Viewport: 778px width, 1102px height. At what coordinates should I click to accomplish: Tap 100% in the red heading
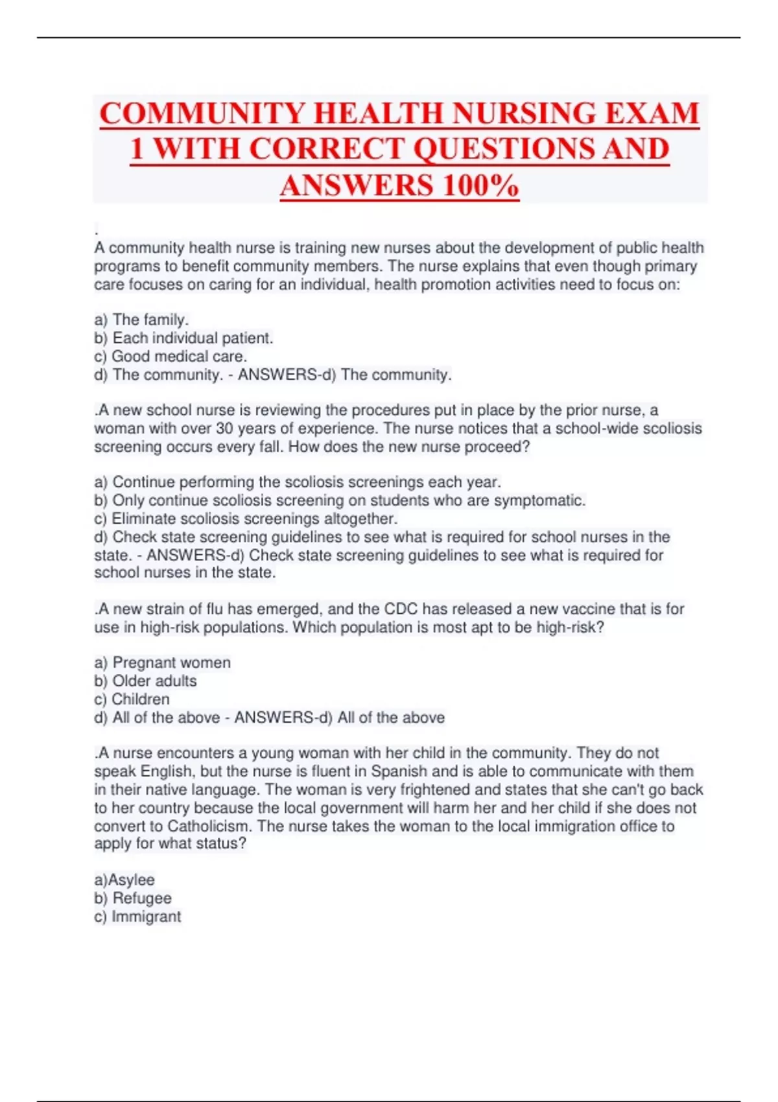(480, 186)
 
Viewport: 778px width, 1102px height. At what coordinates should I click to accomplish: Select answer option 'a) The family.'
(141, 320)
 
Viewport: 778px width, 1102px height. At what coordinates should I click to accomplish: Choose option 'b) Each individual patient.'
(183, 338)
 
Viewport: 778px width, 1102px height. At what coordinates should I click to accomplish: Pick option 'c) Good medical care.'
(171, 356)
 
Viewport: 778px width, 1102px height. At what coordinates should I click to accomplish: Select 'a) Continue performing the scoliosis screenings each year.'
(298, 482)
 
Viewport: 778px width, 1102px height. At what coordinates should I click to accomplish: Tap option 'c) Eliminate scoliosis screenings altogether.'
(246, 519)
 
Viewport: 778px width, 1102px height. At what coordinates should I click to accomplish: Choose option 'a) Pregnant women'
(162, 662)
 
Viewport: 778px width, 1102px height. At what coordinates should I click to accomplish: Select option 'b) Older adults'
(145, 681)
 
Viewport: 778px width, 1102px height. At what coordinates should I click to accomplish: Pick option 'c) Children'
(132, 699)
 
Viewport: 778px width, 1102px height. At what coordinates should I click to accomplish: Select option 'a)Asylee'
(124, 880)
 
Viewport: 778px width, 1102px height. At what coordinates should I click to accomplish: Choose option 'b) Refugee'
(133, 898)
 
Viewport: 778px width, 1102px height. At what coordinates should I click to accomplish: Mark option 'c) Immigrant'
(137, 916)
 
